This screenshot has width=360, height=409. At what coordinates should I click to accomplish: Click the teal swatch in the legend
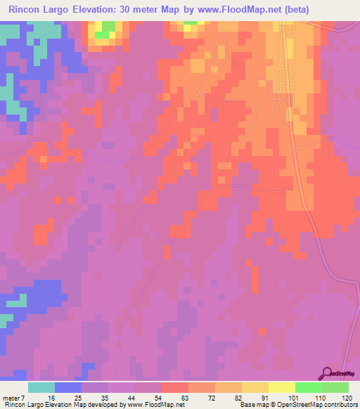(41, 387)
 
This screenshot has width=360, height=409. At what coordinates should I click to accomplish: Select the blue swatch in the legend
(68, 387)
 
